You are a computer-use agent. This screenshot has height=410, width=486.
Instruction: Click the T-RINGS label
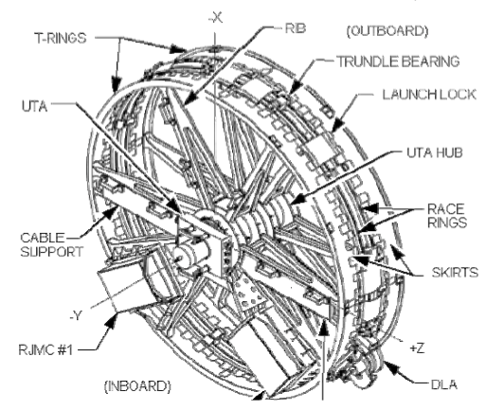click(61, 38)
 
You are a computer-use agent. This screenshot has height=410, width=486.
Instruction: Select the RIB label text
click(296, 28)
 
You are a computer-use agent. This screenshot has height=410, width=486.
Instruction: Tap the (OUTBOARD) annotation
click(387, 31)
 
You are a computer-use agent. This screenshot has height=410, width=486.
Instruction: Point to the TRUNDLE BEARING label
click(399, 62)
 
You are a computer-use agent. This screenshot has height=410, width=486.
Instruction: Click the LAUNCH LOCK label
click(429, 95)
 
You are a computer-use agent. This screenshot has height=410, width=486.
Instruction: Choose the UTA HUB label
click(435, 152)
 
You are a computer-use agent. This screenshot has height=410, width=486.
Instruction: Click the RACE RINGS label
click(446, 216)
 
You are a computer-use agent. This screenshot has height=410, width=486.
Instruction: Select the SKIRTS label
click(455, 273)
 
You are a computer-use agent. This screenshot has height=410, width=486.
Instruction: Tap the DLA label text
click(444, 384)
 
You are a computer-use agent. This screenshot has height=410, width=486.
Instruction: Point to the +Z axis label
click(417, 348)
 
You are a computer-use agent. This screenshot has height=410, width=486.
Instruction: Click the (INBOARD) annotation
click(137, 386)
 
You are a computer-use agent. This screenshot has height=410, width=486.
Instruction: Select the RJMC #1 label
click(45, 350)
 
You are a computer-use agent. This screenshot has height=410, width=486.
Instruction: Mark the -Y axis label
click(76, 315)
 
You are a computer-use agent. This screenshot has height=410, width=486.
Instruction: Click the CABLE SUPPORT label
click(52, 244)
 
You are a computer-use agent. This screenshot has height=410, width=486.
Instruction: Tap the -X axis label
click(216, 18)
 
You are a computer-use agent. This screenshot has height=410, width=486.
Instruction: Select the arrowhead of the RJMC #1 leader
click(111, 320)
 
